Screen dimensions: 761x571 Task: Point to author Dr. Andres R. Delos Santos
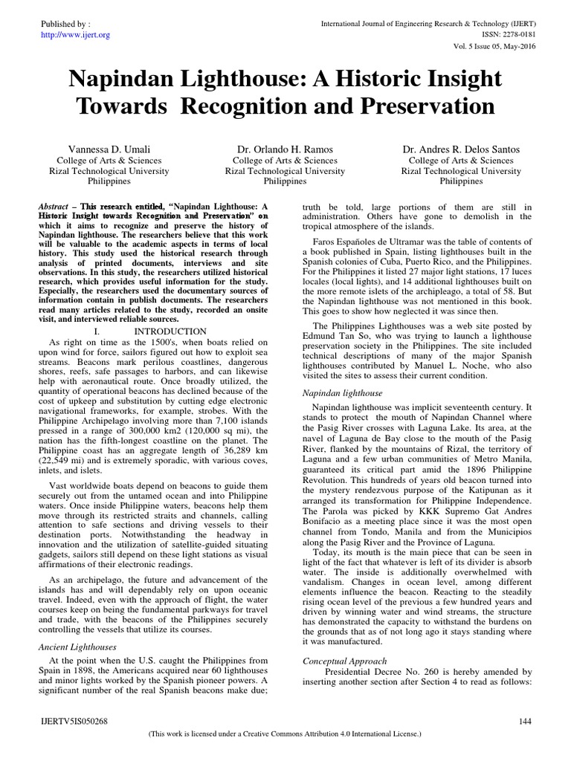(x=462, y=149)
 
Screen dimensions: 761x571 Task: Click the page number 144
(x=525, y=721)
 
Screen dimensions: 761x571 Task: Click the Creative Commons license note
(x=285, y=734)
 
